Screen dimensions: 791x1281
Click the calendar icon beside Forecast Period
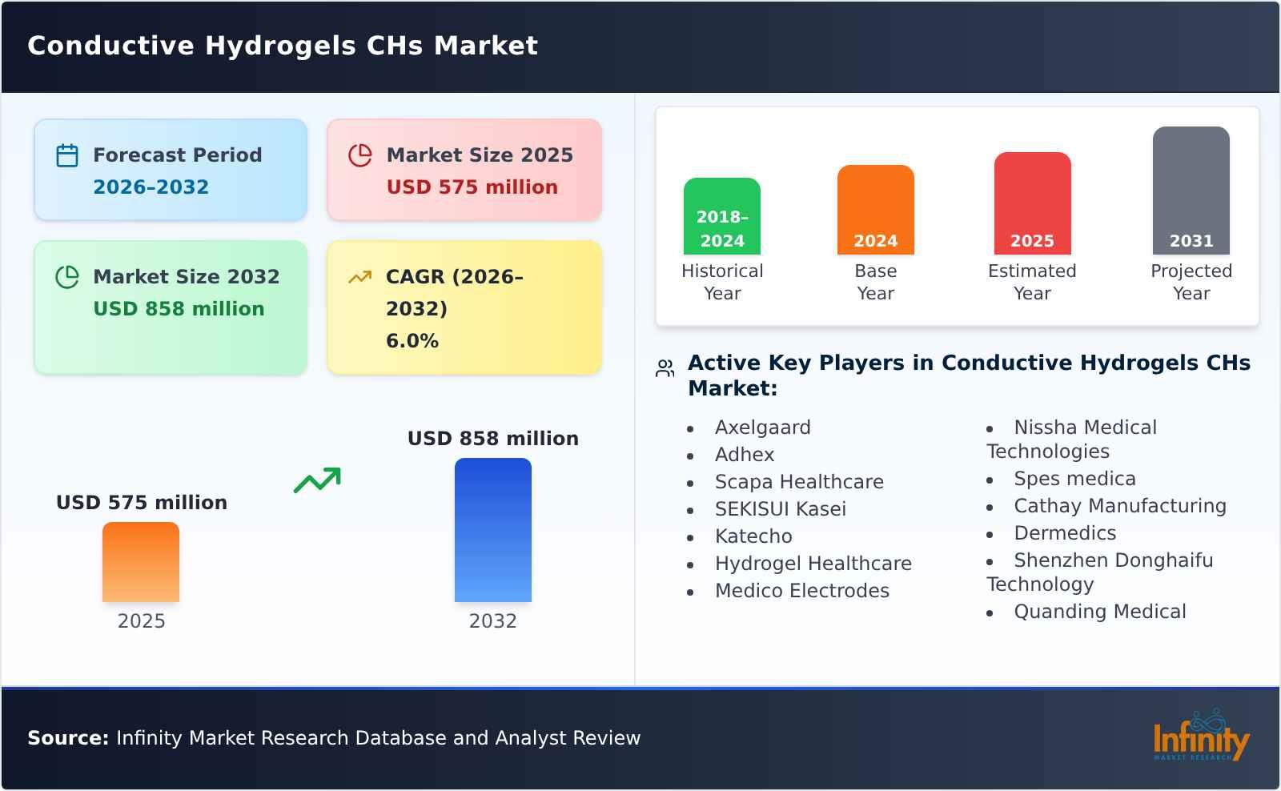pos(67,155)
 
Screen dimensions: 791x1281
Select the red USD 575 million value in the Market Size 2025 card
pos(472,187)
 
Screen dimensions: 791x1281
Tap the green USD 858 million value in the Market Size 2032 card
pos(179,309)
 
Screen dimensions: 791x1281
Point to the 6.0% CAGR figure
pos(412,341)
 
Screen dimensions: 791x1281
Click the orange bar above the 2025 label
pos(141,562)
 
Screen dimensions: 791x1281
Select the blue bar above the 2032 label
pos(492,530)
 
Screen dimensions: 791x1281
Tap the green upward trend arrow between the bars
pos(317,480)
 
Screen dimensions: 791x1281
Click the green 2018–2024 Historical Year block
pos(721,216)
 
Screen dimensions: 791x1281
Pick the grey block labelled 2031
pos(1191,191)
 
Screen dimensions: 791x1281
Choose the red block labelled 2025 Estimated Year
pos(1032,203)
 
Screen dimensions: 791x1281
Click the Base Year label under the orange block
pos(875,282)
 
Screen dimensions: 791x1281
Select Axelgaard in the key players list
pos(762,428)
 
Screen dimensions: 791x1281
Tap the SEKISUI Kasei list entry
pos(780,509)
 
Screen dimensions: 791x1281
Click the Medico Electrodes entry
pos(801,591)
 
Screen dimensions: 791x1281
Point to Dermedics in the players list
pos(1064,533)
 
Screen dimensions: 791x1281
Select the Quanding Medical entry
pos(1099,612)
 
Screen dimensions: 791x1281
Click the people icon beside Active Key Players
pos(665,368)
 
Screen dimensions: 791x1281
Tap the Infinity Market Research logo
pos(1200,737)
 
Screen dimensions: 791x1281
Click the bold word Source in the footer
pos(67,738)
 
